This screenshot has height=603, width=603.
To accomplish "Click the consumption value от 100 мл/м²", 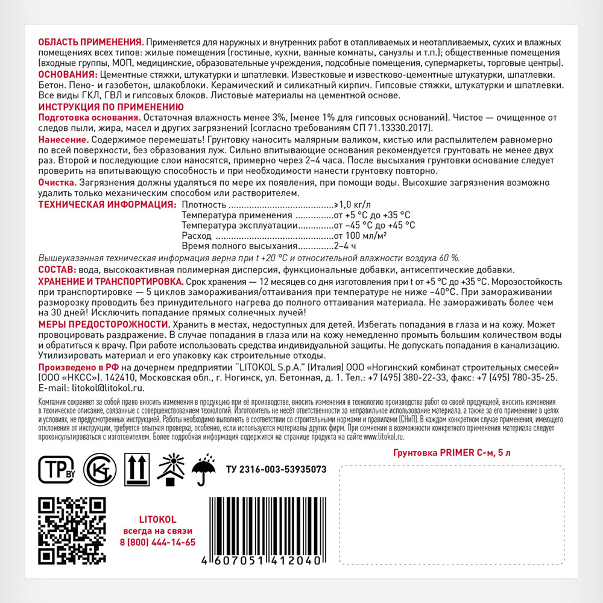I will [361, 236].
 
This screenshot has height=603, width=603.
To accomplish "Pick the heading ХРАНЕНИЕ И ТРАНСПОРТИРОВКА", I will [111, 282].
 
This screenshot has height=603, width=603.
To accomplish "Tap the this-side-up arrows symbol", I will [135, 469].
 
